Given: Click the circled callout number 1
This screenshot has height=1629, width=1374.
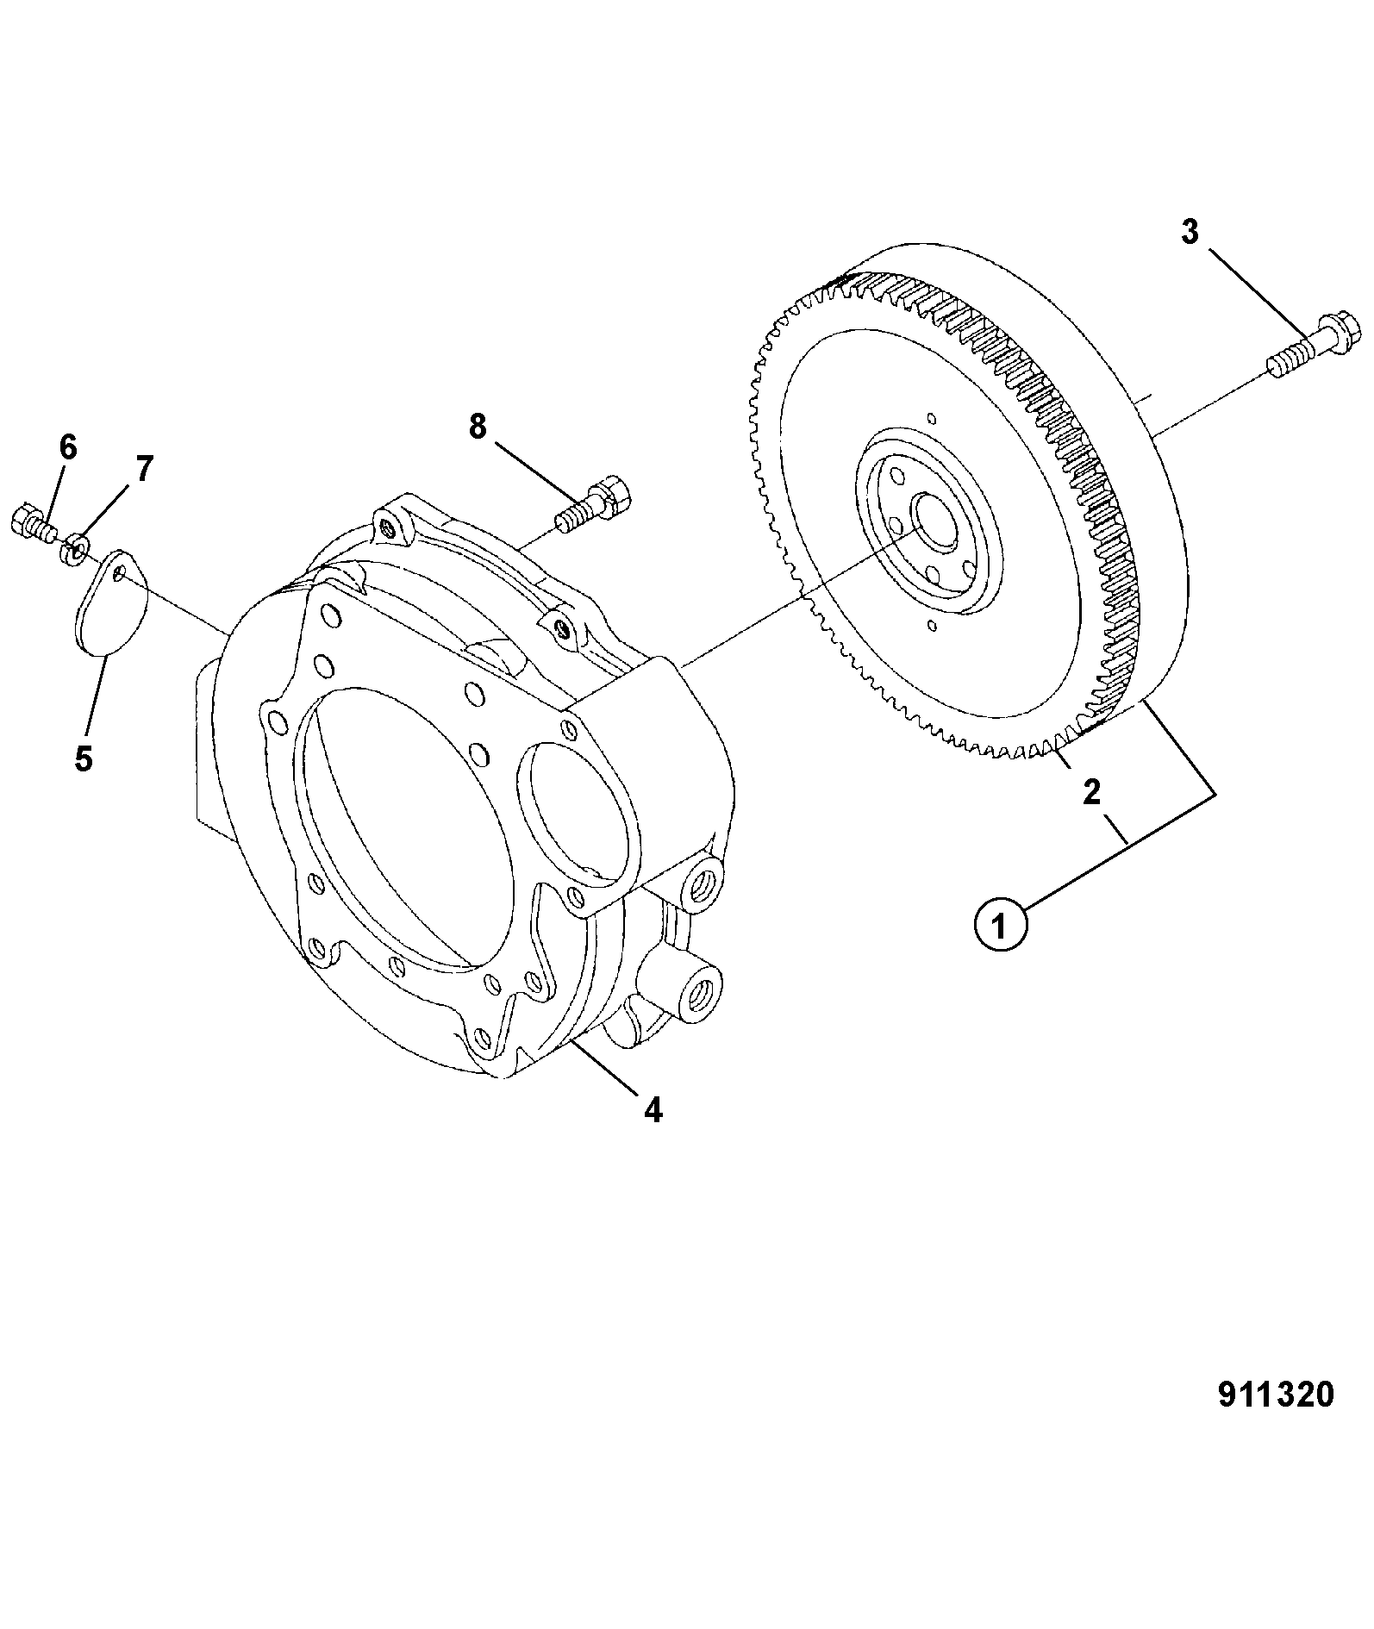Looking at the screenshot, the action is [x=1000, y=927].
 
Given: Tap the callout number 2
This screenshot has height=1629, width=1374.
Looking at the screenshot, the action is [x=1092, y=792].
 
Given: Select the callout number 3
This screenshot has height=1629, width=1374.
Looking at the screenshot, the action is [x=1190, y=232].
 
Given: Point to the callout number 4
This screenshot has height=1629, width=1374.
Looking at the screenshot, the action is [x=653, y=1110].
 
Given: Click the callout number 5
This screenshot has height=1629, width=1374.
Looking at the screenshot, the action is [x=84, y=758].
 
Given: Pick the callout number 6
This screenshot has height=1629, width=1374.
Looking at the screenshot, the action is [x=67, y=446].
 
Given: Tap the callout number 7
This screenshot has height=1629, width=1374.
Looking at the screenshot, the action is [x=143, y=469].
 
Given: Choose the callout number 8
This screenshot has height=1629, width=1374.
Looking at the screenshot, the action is [x=478, y=426].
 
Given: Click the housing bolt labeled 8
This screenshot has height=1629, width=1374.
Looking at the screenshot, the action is [x=596, y=503].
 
